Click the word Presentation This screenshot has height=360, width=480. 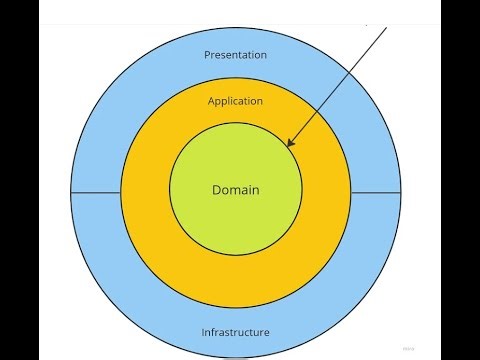[235, 54]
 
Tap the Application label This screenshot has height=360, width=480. [235, 101]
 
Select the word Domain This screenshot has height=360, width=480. [235, 189]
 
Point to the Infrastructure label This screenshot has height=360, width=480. [235, 332]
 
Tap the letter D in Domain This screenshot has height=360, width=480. [216, 189]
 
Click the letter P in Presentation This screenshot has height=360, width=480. [207, 54]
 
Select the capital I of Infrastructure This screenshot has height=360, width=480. [203, 332]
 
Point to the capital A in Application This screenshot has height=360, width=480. [211, 101]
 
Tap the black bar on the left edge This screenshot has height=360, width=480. [20, 180]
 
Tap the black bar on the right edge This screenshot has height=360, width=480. [460, 180]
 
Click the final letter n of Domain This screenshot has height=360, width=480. [256, 189]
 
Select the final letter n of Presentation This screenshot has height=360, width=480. [265, 54]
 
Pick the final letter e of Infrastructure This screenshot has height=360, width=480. [267, 332]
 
